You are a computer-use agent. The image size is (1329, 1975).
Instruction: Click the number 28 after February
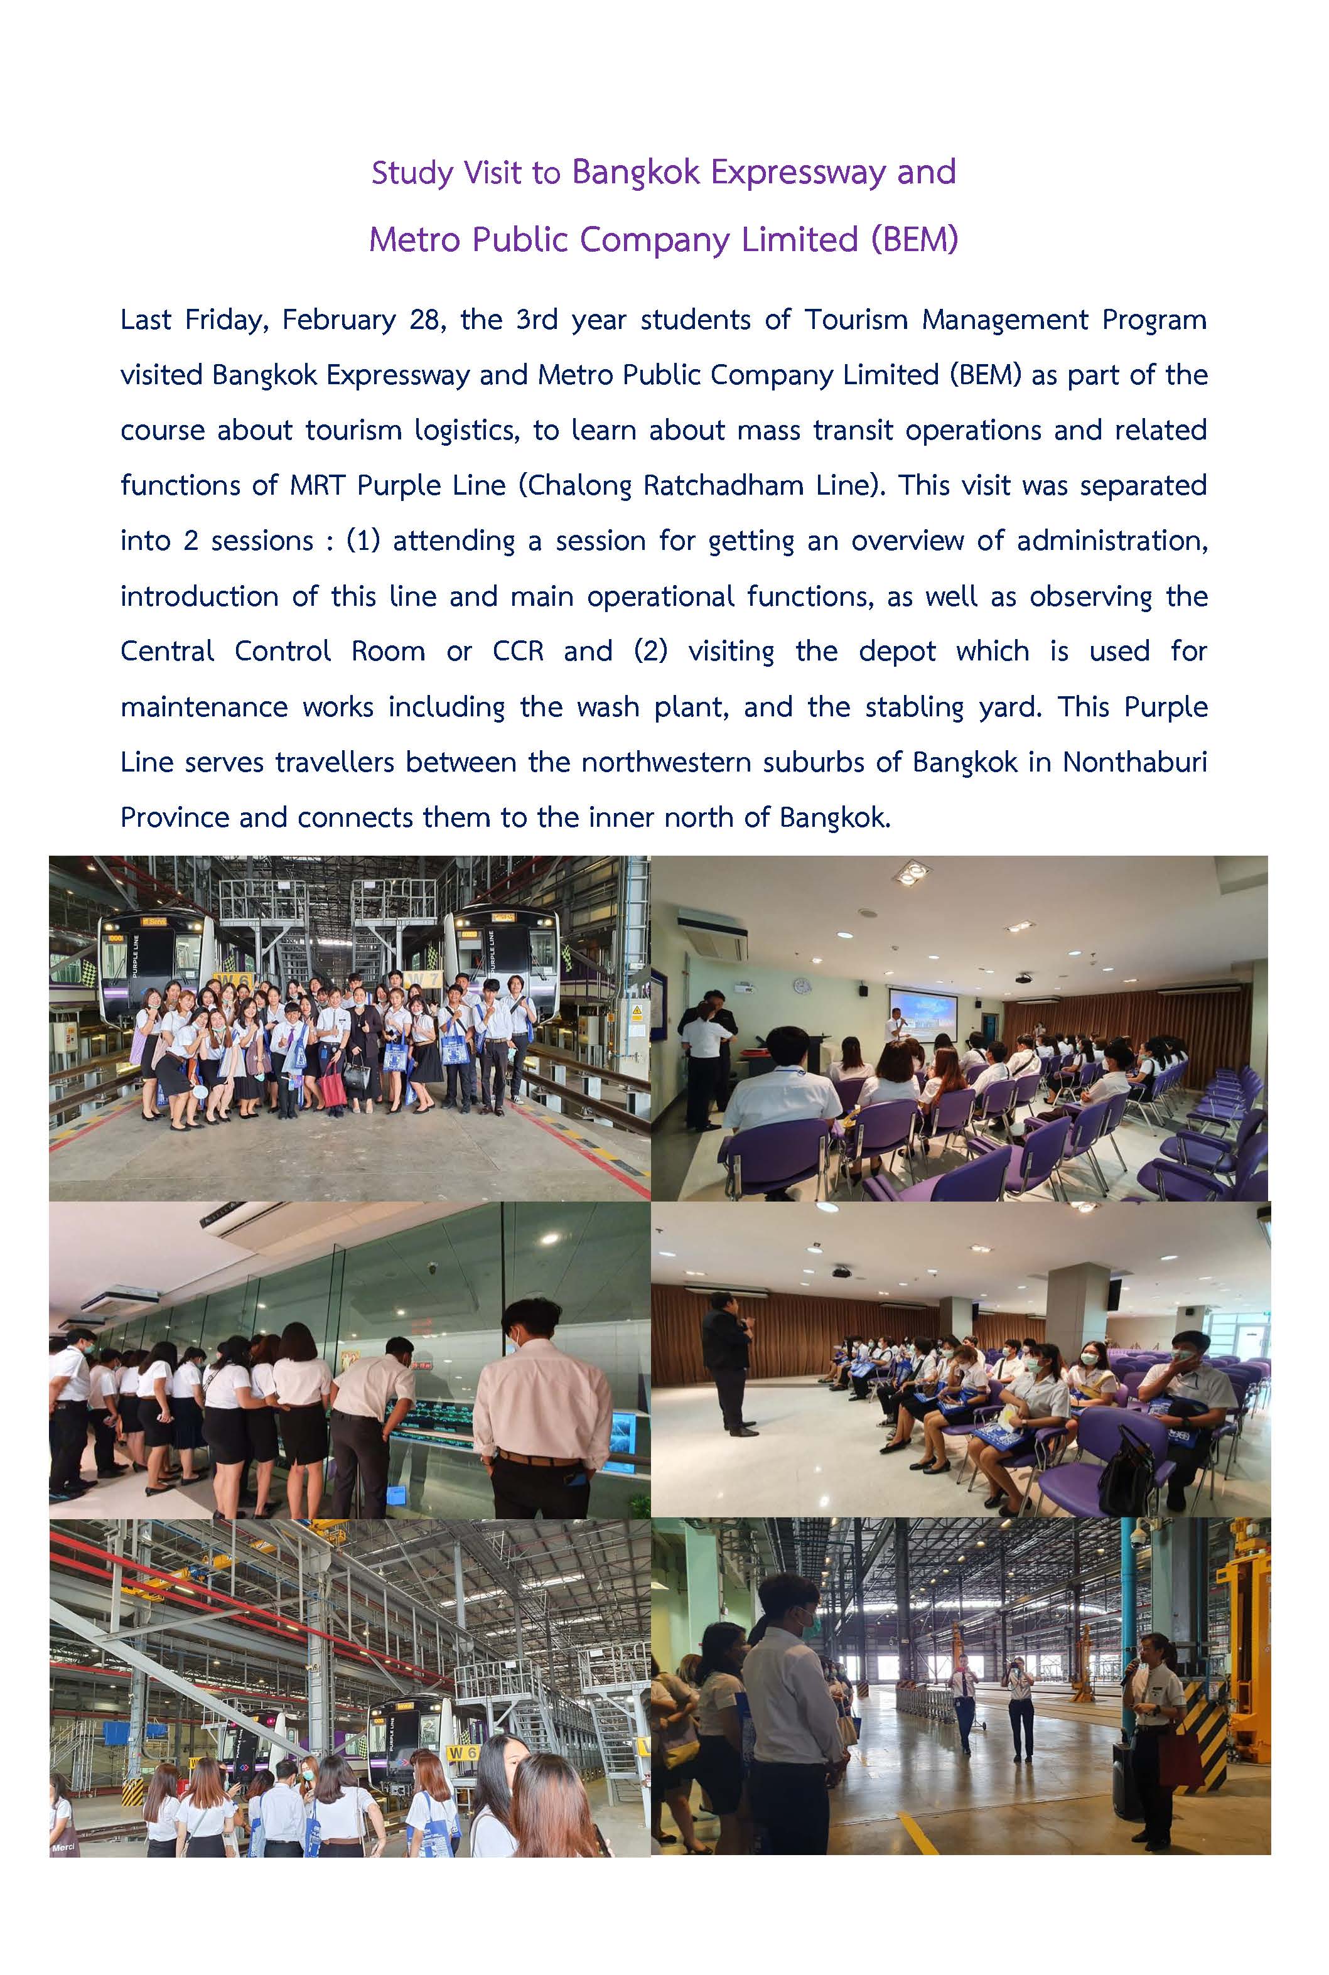(x=423, y=320)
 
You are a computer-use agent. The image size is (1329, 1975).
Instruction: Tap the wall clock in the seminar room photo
(x=800, y=986)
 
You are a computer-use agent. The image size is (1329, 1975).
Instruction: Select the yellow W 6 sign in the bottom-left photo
(x=463, y=1752)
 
